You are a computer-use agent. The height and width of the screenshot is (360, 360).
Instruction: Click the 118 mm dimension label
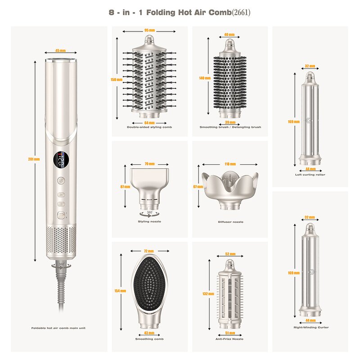coord(230,164)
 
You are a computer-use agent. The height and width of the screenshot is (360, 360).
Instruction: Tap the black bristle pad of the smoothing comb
coord(148,283)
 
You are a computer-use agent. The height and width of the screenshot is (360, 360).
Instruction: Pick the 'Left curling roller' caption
coord(310,175)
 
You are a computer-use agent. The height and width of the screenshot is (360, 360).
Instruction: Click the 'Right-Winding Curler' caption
coord(310,328)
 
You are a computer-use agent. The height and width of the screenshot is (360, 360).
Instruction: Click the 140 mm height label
coord(204,78)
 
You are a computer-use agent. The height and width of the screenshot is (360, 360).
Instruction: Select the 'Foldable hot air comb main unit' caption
coord(58,328)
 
